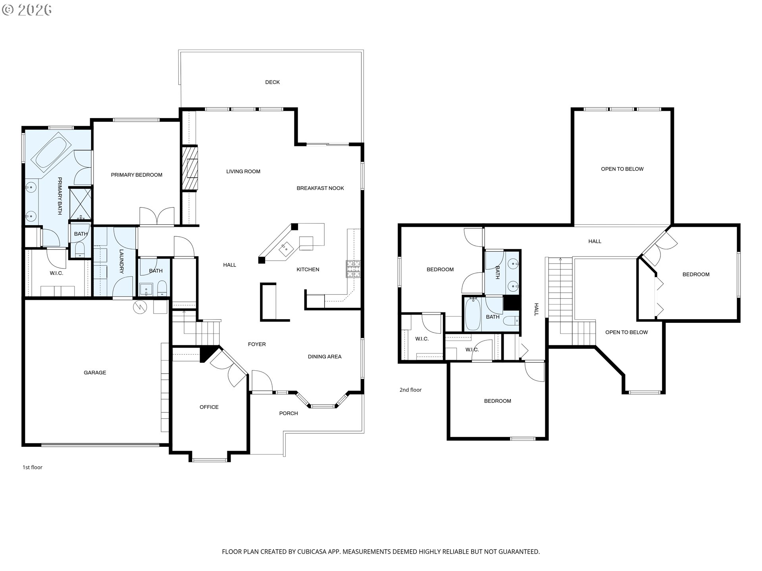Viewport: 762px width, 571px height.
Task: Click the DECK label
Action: pos(272,82)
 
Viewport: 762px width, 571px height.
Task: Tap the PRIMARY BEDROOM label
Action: pos(137,175)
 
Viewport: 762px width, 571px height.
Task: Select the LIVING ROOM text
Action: pos(243,171)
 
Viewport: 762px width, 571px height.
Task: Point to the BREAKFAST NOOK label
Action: pos(320,188)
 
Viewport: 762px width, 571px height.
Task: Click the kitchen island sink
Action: pos(285,249)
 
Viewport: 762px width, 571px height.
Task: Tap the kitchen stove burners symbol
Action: pos(353,268)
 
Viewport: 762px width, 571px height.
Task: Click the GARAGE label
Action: pos(95,372)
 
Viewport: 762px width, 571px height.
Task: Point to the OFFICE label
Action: pos(209,407)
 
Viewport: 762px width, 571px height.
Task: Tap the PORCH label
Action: pos(289,413)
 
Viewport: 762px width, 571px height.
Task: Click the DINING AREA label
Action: pos(325,356)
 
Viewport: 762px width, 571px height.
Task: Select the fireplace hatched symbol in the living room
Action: pos(190,169)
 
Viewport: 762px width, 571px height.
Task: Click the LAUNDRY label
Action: pos(121,261)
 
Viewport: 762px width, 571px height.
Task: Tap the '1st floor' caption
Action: pos(33,467)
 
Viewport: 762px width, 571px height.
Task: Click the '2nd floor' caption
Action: pos(410,390)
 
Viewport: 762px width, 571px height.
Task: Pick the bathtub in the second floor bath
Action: pos(473,314)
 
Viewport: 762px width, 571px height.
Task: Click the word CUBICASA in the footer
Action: pos(314,552)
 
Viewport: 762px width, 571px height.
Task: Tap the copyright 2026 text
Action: pos(27,10)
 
